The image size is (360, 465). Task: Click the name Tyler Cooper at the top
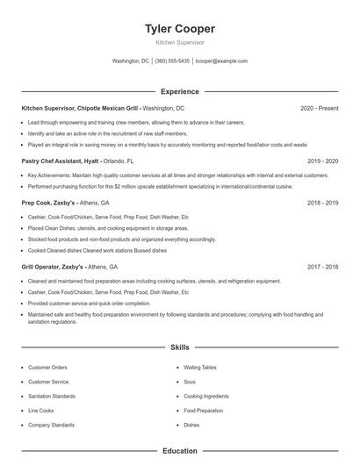coord(179,29)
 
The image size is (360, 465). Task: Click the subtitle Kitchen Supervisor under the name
coord(179,41)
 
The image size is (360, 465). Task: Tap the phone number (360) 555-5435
coord(172,61)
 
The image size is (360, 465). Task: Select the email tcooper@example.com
coord(221,61)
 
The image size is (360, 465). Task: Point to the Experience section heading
coord(179,91)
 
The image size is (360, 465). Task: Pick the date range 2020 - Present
coord(319,108)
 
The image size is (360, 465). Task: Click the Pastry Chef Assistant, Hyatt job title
coord(58,161)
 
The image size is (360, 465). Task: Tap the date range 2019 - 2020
coord(322,161)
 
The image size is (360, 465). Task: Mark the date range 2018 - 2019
coord(322,203)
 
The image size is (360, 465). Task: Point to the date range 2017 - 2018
coord(322,267)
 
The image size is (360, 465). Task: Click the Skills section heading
coord(179,347)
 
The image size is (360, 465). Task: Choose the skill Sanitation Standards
coord(51,397)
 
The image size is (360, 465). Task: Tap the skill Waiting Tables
coord(199,368)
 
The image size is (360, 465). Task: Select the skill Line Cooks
coord(40,411)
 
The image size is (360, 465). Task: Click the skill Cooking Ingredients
coord(206,397)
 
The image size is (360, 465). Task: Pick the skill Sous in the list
coord(190,383)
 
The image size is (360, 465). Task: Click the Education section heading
coord(179,451)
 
